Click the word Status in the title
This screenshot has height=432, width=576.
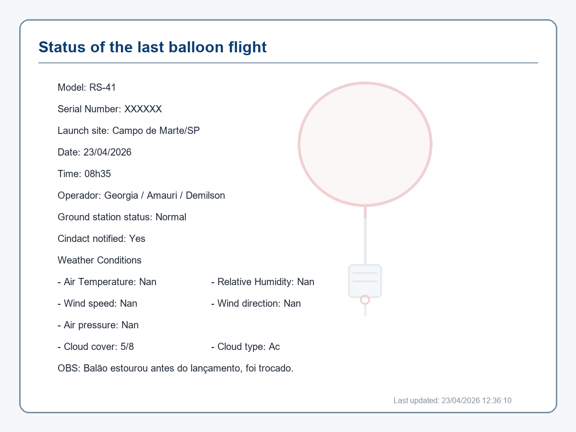coord(62,47)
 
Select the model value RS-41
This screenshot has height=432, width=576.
coord(102,87)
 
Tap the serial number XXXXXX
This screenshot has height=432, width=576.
coord(143,109)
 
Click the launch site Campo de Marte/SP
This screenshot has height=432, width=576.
coord(156,131)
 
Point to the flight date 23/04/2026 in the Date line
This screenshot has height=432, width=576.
coord(108,152)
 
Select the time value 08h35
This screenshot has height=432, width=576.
coord(97,174)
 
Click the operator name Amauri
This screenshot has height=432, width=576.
coord(162,195)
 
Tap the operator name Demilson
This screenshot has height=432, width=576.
coord(205,195)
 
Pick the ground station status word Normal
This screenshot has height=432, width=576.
coord(171,217)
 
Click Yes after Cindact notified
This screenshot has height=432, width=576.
coord(137,239)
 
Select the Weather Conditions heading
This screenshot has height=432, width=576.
coord(99,260)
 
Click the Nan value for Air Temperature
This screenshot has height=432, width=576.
coord(148,282)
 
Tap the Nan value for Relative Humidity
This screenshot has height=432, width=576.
coord(305,282)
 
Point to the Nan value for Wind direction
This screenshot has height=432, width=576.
coord(292,303)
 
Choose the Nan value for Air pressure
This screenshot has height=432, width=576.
coord(130,325)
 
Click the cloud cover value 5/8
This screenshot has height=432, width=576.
coord(127,347)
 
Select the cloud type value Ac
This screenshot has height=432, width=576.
coord(274,347)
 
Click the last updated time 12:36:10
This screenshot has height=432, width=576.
coord(497,400)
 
